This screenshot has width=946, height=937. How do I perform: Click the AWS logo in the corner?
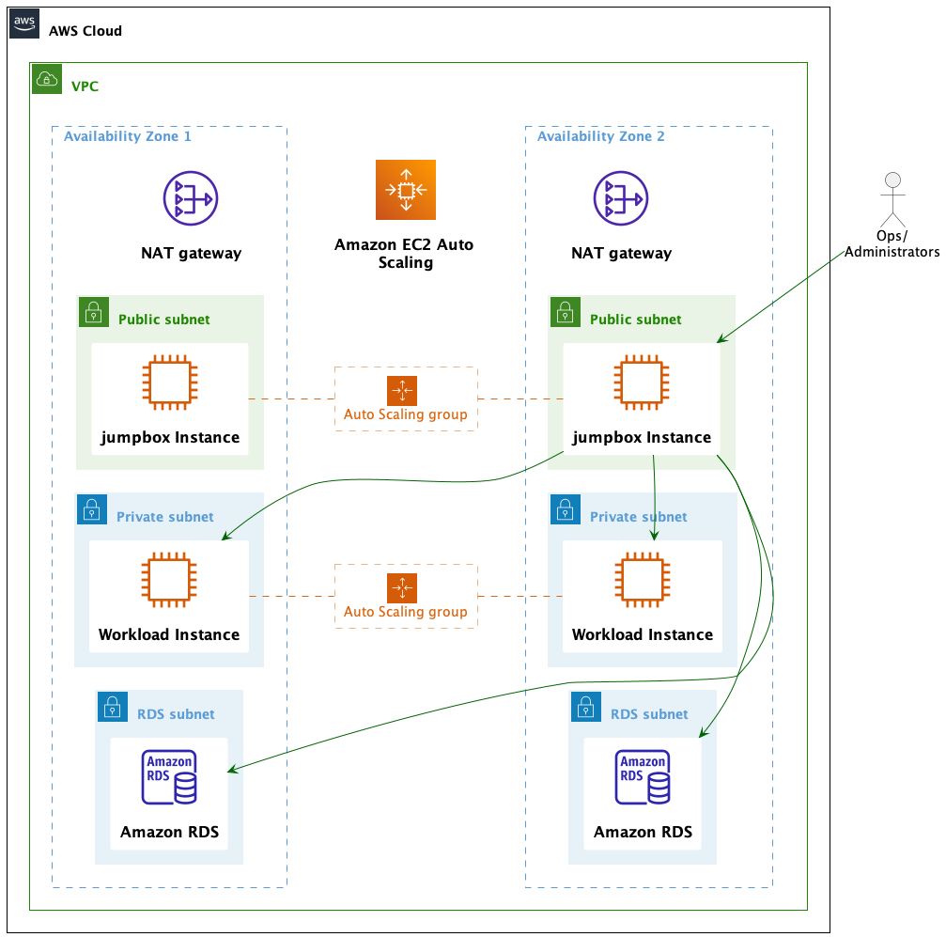pos(24,24)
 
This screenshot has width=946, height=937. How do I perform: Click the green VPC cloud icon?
pos(46,79)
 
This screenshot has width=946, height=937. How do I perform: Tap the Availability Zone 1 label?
pos(128,136)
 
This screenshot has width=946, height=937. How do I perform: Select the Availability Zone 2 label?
pos(601,136)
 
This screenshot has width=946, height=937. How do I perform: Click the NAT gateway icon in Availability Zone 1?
pos(191,198)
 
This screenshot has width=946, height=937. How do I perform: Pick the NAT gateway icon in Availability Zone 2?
pos(621,198)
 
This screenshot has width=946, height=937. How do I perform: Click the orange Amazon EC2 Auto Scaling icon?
pos(406,190)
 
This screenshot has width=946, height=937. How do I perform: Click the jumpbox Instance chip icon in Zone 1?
pos(170,383)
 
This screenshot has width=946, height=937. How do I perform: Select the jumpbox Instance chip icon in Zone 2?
pos(643,383)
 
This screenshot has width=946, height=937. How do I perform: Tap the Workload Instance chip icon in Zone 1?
pos(170,580)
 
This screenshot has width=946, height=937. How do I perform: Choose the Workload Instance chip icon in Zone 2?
pos(643,580)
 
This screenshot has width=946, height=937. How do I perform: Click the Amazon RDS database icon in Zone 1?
pos(170,777)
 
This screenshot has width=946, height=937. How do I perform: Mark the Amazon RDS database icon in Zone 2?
pos(643,777)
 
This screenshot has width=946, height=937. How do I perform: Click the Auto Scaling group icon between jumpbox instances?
pos(401,391)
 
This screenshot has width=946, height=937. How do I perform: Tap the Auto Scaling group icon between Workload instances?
pos(401,588)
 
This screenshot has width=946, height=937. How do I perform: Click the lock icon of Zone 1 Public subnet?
pos(92,312)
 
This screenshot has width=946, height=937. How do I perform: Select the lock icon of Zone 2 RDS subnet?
pos(584,707)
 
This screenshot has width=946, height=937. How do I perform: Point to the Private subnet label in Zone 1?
pos(165,517)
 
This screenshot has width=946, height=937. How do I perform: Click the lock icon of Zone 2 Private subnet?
pos(564,509)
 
